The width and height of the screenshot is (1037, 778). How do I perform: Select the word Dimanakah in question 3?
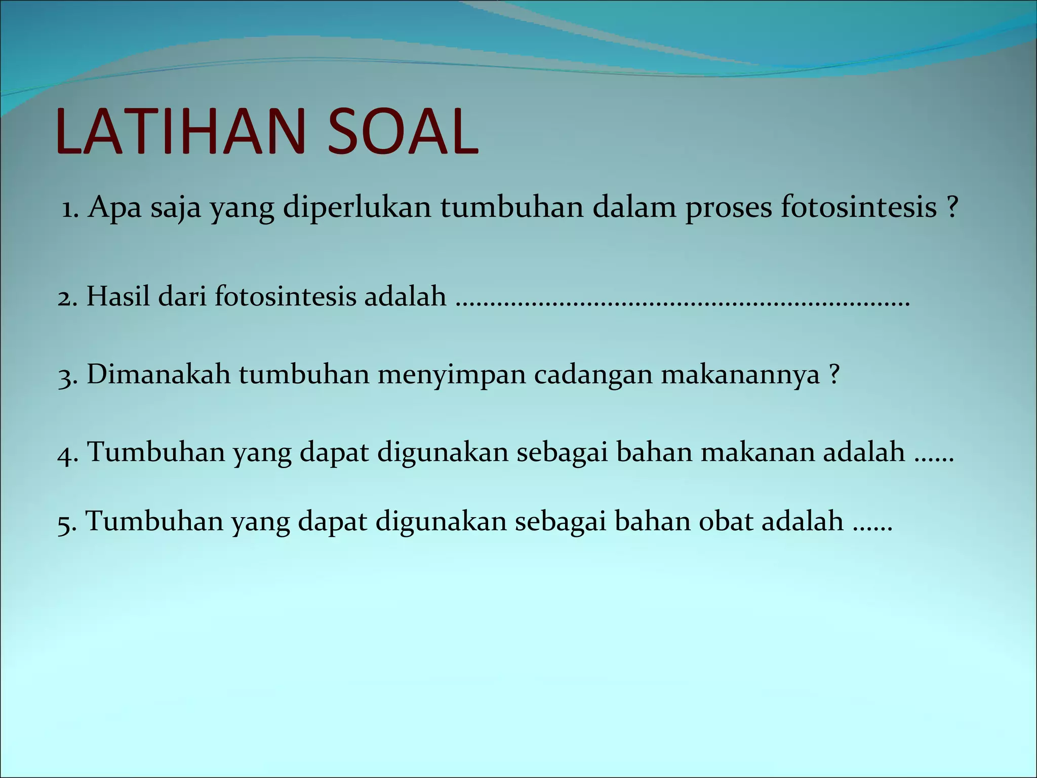(158, 375)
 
